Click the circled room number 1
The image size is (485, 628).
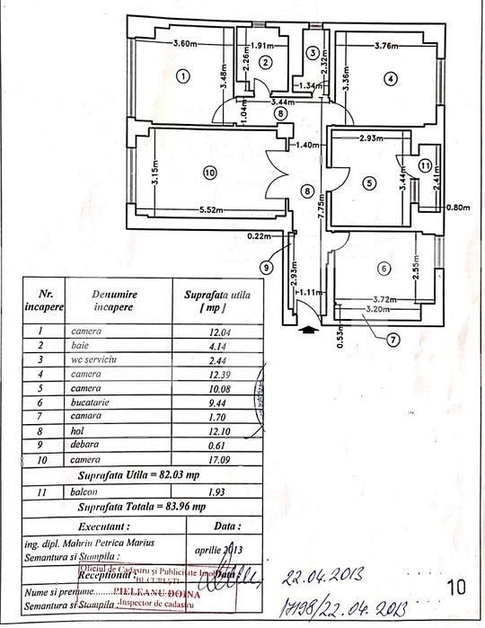pos(182,76)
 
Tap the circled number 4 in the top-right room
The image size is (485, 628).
pos(389,79)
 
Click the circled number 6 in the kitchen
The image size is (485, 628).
pos(384,269)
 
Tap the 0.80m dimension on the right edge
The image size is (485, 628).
pos(458,207)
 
